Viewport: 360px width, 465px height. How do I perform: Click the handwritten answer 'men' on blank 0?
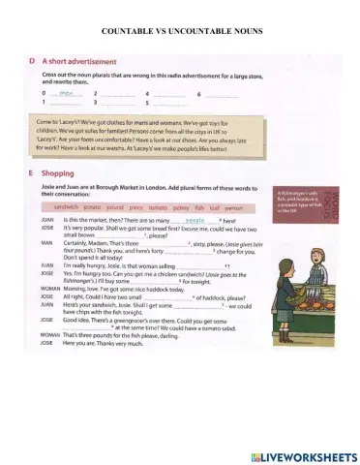pyautogui.click(x=66, y=93)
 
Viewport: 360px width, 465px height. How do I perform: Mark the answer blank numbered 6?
pyautogui.click(x=222, y=93)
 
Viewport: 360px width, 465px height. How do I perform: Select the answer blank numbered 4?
pyautogui.click(x=172, y=93)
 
